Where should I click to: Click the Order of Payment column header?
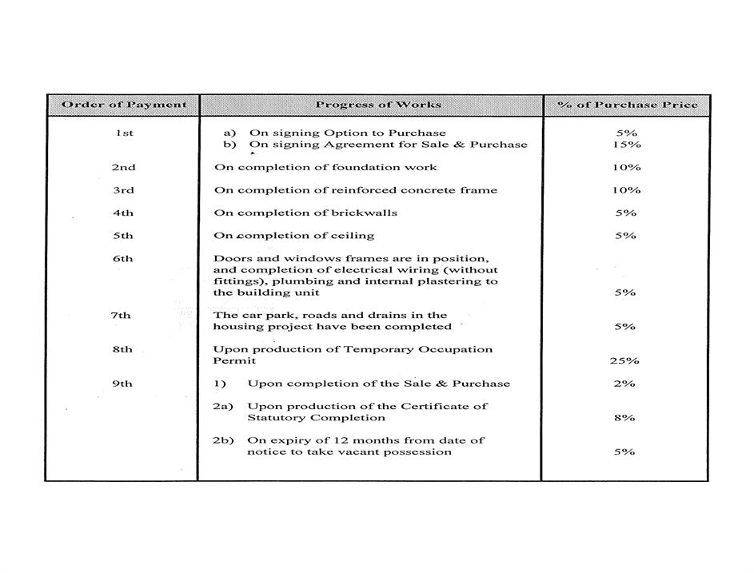click(x=124, y=105)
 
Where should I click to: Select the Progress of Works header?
click(x=377, y=105)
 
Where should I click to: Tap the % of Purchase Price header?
click(x=627, y=105)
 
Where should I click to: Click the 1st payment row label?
click(x=123, y=133)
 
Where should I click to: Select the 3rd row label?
click(x=123, y=190)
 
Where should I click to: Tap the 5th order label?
click(x=123, y=236)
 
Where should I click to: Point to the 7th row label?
click(x=122, y=315)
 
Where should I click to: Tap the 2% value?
click(x=625, y=384)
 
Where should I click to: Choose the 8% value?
click(x=625, y=417)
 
